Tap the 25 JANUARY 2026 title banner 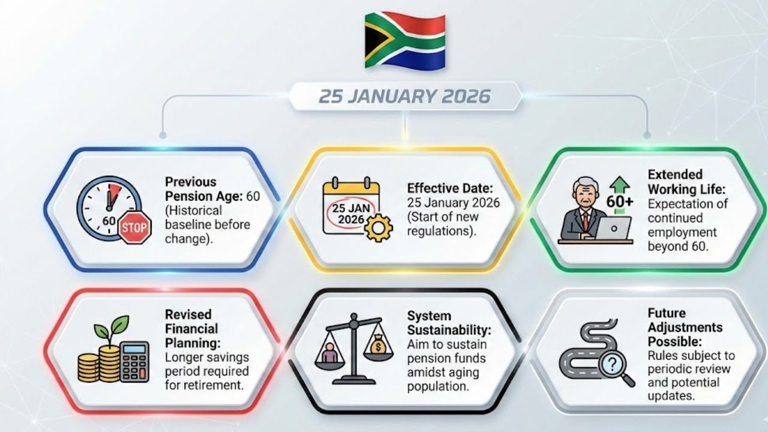point(404,96)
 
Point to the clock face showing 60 point(109,208)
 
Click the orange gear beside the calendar point(379,228)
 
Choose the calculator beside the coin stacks point(134,362)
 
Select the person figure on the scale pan point(329,355)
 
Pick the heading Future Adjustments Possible point(685,328)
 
